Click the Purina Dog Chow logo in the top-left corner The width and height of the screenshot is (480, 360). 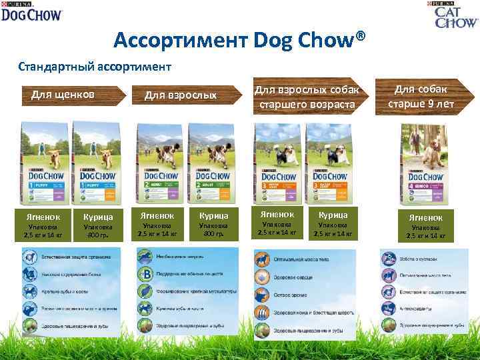click(31, 11)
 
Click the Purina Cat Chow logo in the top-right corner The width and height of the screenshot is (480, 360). click(456, 14)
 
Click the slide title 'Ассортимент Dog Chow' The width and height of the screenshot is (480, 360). click(240, 42)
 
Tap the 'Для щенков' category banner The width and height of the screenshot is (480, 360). click(63, 95)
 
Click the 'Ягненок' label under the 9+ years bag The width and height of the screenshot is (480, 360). click(425, 217)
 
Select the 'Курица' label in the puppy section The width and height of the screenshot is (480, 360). click(97, 217)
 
